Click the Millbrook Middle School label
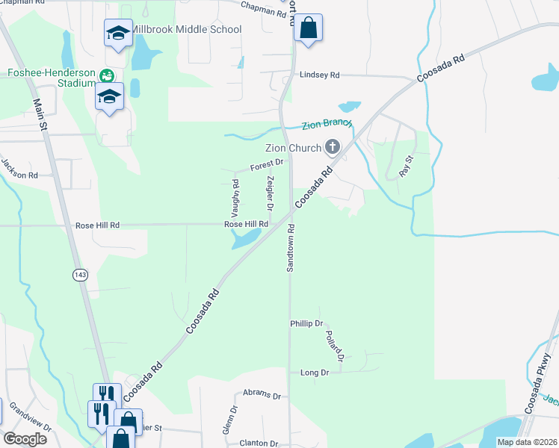tap(186, 29)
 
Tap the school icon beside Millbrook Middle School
tap(118, 33)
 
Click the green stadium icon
tap(107, 75)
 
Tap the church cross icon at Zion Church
tap(333, 148)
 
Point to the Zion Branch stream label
tap(327, 125)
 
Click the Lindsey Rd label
tap(319, 75)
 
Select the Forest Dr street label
tap(267, 164)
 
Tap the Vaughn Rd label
tap(235, 193)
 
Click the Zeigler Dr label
tap(270, 192)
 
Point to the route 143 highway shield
tap(80, 276)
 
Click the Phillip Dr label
tap(306, 323)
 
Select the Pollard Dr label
tap(333, 343)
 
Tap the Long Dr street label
tap(314, 372)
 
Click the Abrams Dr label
tap(262, 396)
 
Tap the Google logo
tap(25, 438)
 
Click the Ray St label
tap(406, 165)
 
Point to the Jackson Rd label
tap(19, 170)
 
